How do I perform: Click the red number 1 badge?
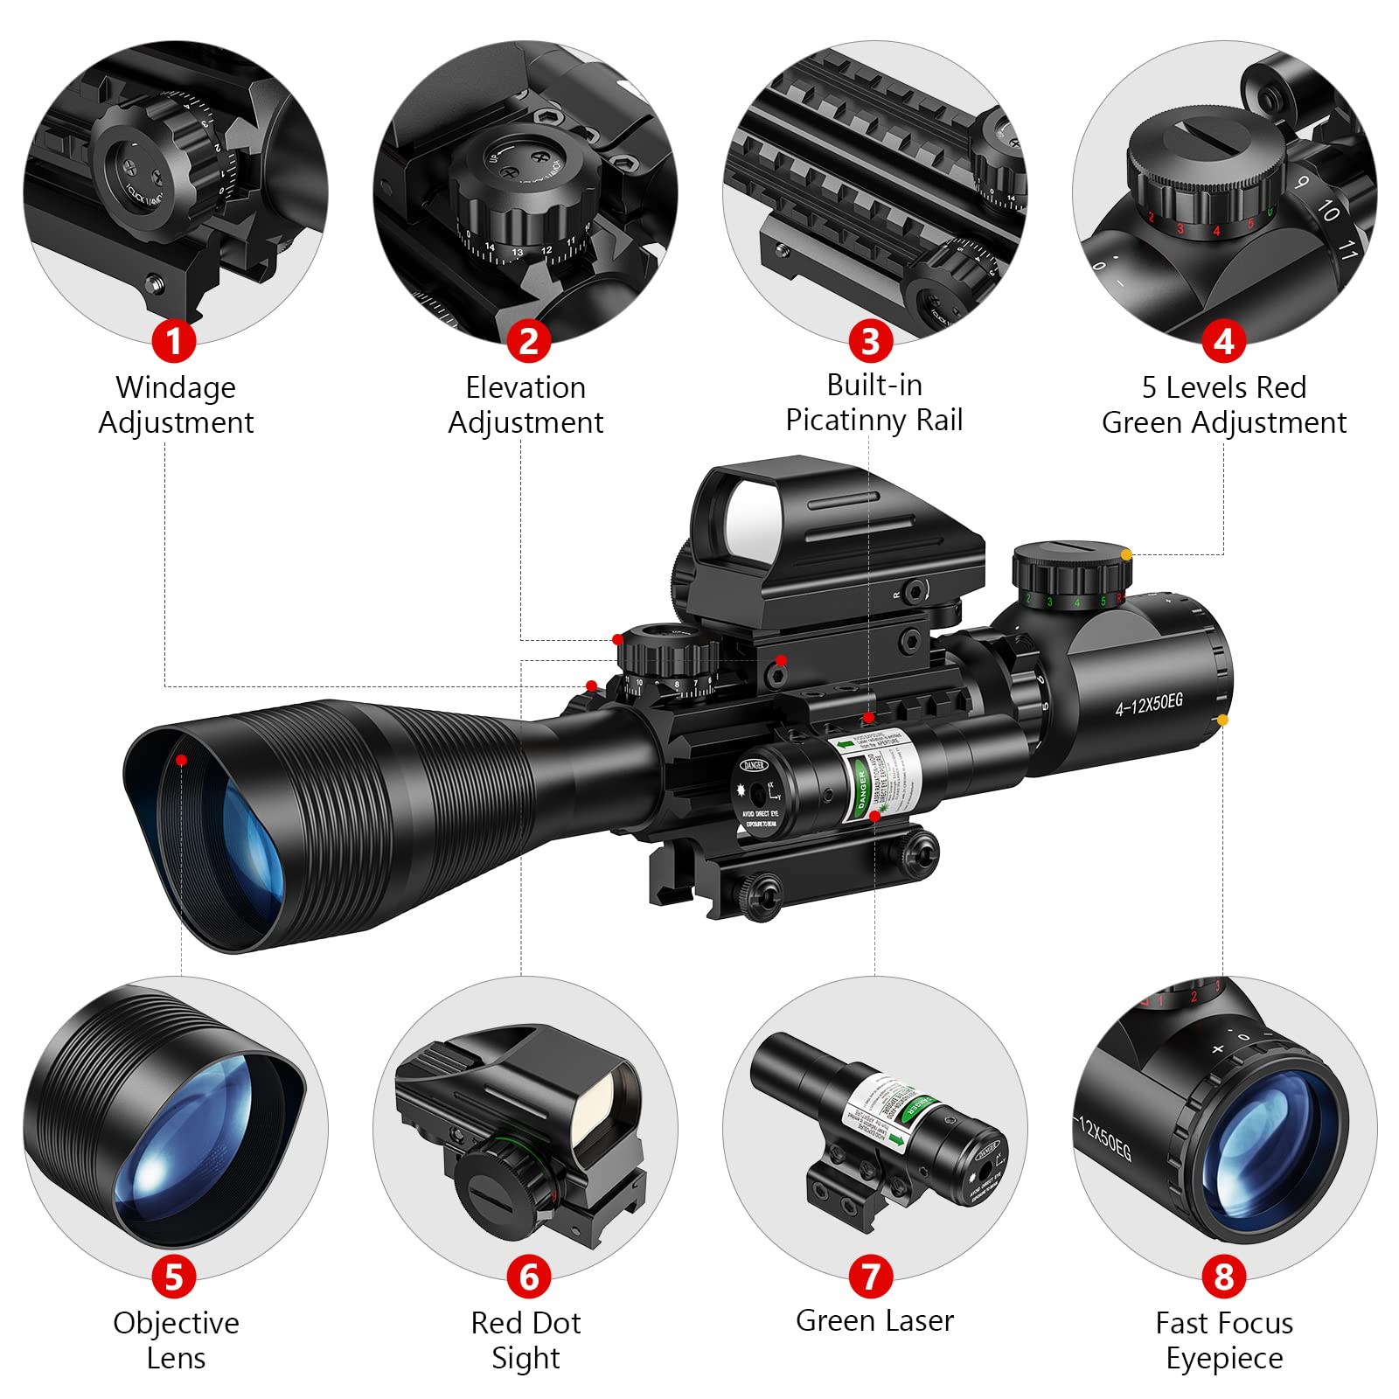tap(173, 340)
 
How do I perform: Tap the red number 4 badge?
tap(1223, 340)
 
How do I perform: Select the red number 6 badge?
tap(528, 1276)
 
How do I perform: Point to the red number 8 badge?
tap(1223, 1276)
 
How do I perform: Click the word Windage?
tap(176, 387)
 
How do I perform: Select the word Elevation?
tap(525, 387)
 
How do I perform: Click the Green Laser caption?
tap(874, 1320)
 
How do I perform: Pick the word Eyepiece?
tap(1224, 1358)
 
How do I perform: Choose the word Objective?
tap(176, 1323)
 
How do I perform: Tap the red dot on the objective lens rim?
tap(181, 760)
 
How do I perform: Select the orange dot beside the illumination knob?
tap(1126, 554)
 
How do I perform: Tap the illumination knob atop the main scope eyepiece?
tap(1071, 568)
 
